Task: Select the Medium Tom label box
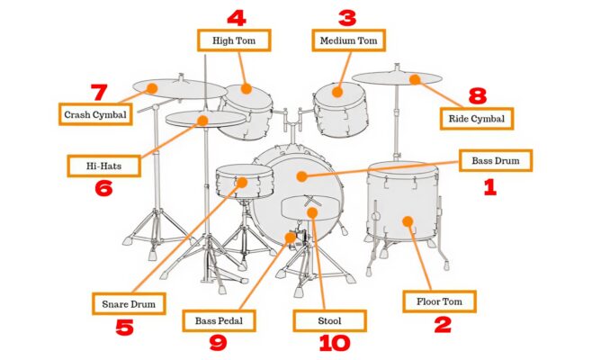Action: point(348,40)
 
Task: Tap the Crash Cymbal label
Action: point(94,114)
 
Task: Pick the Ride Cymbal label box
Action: point(477,118)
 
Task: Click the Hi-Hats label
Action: point(103,166)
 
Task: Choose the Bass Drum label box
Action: point(496,161)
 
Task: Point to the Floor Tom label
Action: point(438,301)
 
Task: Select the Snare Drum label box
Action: point(129,303)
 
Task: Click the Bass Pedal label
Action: point(220,319)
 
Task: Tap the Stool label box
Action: point(330,319)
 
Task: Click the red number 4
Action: point(236,17)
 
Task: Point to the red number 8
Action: point(477,95)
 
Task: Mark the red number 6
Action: point(103,189)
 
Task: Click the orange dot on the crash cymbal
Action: point(152,87)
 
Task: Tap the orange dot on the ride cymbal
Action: point(415,80)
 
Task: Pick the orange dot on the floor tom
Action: point(408,220)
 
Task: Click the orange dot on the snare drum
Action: point(240,183)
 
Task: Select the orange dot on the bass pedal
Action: point(290,238)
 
